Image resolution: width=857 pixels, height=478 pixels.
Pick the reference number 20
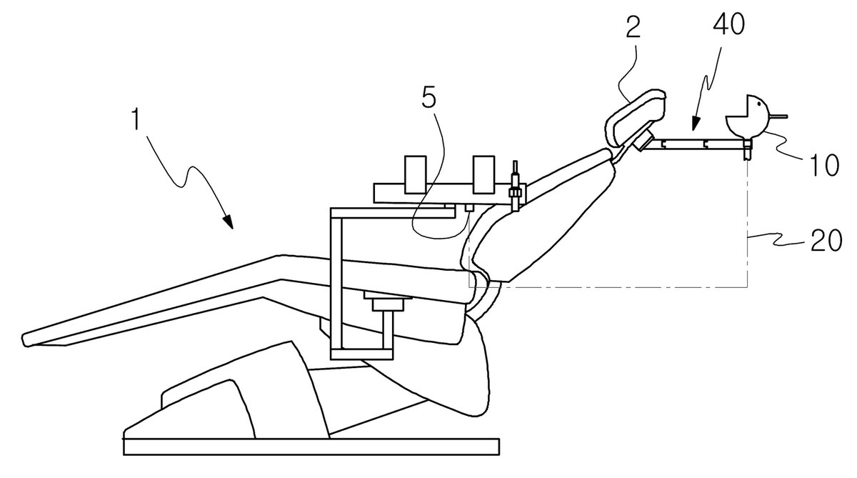[826, 239]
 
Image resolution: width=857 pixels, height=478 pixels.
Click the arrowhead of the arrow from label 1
[229, 221]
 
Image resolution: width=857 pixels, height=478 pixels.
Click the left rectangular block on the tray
[416, 174]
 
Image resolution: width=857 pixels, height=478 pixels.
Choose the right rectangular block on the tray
[483, 174]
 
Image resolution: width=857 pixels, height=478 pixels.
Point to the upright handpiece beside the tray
[515, 186]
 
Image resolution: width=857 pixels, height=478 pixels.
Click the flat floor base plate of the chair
[311, 447]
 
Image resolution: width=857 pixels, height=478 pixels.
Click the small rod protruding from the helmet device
[777, 116]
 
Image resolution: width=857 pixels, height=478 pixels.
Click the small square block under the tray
[468, 208]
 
